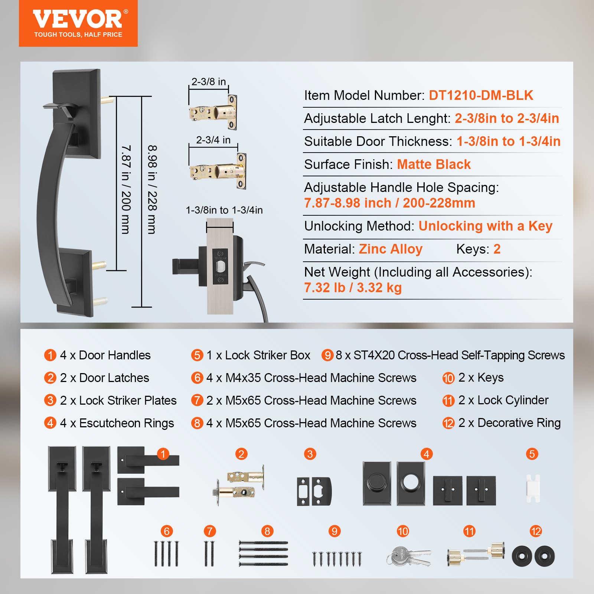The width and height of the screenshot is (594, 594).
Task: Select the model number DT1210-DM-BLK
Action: pos(481,95)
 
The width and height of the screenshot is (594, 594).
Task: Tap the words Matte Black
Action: pos(434,164)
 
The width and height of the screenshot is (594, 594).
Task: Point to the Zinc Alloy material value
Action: pos(391,249)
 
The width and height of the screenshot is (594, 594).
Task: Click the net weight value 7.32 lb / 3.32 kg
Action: pos(353,288)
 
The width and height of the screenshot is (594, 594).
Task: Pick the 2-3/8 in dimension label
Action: pos(209,82)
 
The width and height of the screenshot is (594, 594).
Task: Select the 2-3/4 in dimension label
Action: pos(213,140)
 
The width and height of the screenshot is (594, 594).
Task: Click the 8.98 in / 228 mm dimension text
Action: pos(152,189)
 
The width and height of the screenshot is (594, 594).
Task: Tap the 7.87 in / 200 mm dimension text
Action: pos(126,189)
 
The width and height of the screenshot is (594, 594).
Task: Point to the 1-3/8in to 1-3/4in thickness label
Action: pos(224,210)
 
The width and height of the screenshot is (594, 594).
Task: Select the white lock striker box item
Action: pos(533,488)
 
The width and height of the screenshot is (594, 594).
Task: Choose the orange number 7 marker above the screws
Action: pos(210,531)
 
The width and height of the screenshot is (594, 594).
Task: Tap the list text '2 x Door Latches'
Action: pos(104,378)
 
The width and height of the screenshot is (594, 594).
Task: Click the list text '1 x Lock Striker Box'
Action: pos(258,355)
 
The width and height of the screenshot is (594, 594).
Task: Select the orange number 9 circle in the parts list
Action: pos(327,355)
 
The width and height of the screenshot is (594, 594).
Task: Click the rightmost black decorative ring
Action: pos(544,556)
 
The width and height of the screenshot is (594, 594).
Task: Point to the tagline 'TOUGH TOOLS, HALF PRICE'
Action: pos(78,35)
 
